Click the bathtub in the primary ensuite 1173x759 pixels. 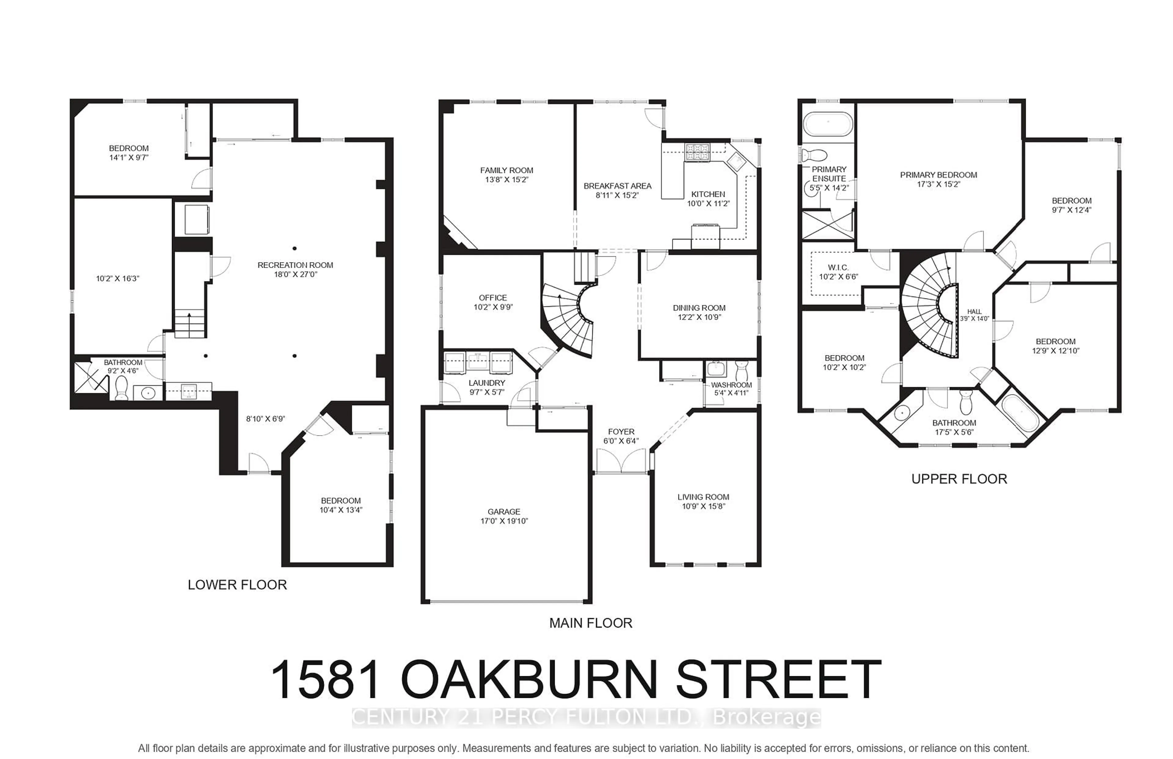coord(828,124)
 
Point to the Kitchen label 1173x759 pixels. coord(708,194)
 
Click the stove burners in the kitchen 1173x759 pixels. coord(697,151)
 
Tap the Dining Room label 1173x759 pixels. coord(699,308)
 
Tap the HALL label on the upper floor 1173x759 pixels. coord(974,311)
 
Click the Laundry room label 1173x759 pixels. coord(487,383)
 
